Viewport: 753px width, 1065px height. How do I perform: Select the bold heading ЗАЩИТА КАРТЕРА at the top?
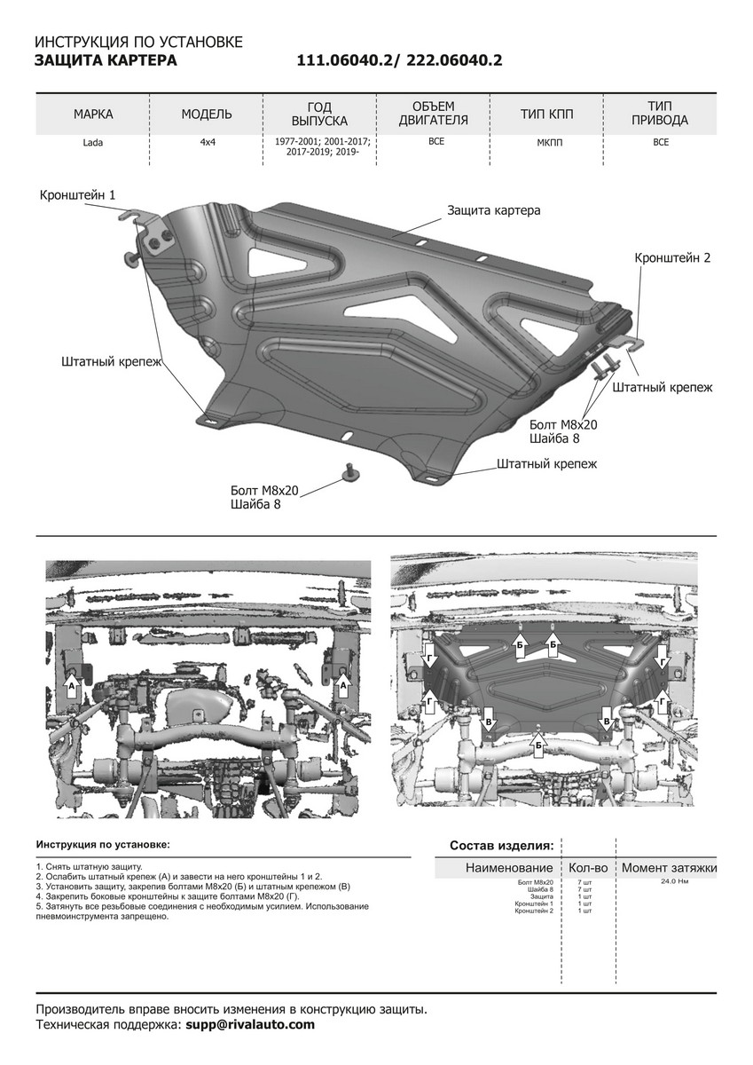click(x=105, y=60)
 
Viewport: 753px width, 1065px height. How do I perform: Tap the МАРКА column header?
click(x=93, y=114)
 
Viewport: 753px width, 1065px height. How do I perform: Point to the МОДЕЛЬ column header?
click(x=207, y=114)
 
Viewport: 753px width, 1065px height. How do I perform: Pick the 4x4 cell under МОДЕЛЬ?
click(x=207, y=143)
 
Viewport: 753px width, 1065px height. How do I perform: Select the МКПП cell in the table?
click(x=546, y=143)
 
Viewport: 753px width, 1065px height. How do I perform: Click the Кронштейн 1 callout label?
click(x=77, y=194)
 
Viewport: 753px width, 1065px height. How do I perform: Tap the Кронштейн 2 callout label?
click(x=672, y=258)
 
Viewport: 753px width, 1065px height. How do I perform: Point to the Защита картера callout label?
click(x=493, y=211)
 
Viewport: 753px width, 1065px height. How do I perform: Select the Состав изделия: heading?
click(x=501, y=845)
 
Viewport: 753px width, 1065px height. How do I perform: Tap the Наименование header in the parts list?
click(x=509, y=868)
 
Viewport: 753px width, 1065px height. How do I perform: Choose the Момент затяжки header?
click(x=669, y=868)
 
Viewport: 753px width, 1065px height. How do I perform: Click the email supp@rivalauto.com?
click(x=250, y=1024)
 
